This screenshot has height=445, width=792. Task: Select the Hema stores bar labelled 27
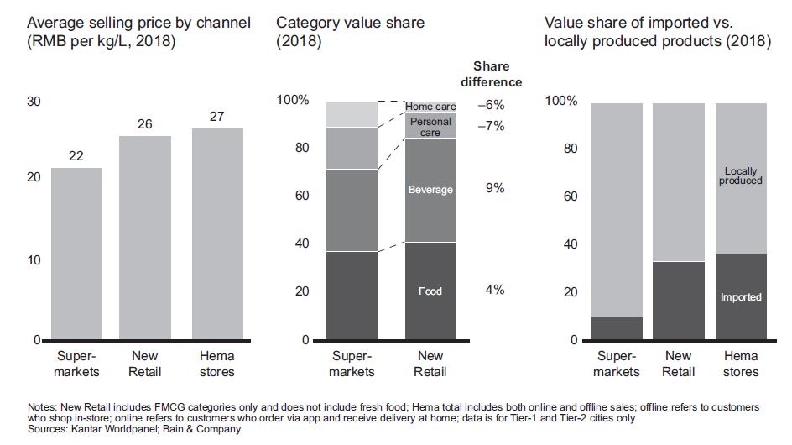[216, 234]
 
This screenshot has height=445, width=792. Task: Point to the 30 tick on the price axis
[34, 101]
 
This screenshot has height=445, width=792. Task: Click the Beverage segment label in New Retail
[430, 190]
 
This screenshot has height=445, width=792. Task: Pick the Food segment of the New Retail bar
[430, 291]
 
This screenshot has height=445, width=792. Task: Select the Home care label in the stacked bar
[430, 107]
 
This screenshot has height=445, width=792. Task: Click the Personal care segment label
[430, 128]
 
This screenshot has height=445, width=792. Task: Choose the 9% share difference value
[495, 189]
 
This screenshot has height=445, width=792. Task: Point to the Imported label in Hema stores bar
[741, 297]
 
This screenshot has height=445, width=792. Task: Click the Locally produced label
[741, 176]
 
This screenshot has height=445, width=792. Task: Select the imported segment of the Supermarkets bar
[617, 328]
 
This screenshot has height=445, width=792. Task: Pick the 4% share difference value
[495, 290]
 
